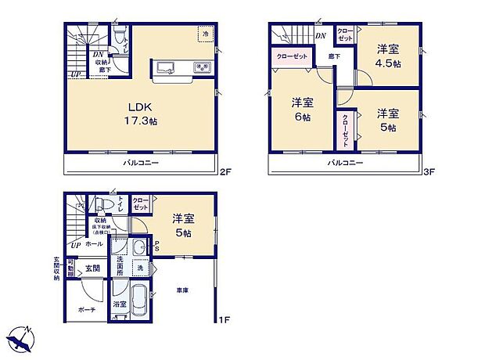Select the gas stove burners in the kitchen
coord(201,67)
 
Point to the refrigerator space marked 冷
coord(205,35)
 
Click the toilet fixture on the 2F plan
coord(117,39)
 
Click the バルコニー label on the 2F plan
coord(141,163)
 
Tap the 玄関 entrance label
coord(92,268)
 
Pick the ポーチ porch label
coord(87,310)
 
